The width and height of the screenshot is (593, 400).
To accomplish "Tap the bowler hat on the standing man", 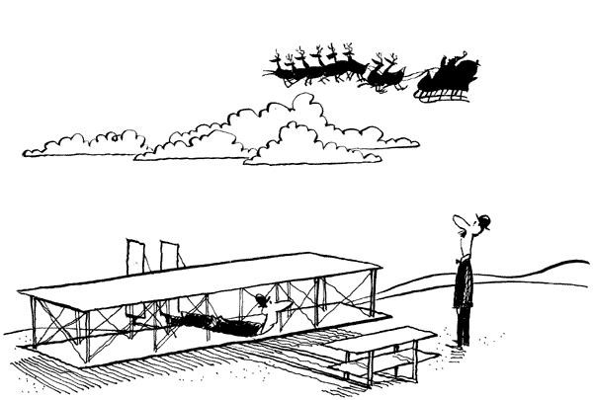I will (x=481, y=220).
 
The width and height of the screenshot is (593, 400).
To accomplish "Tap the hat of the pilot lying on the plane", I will (x=261, y=299).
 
